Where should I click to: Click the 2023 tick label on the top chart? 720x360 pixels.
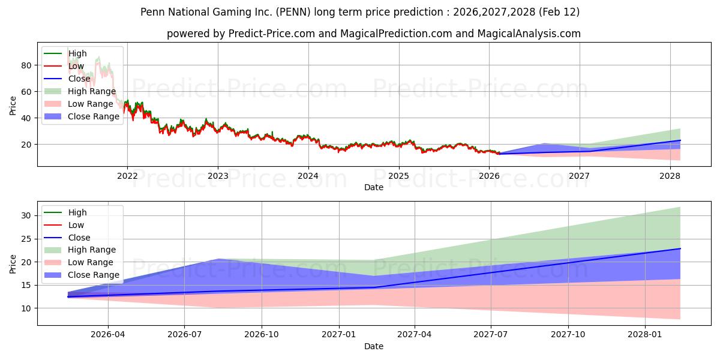pyautogui.click(x=218, y=176)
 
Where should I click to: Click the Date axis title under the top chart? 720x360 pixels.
pyautogui.click(x=373, y=187)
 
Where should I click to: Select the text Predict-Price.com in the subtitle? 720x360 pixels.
pyautogui.click(x=272, y=34)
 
